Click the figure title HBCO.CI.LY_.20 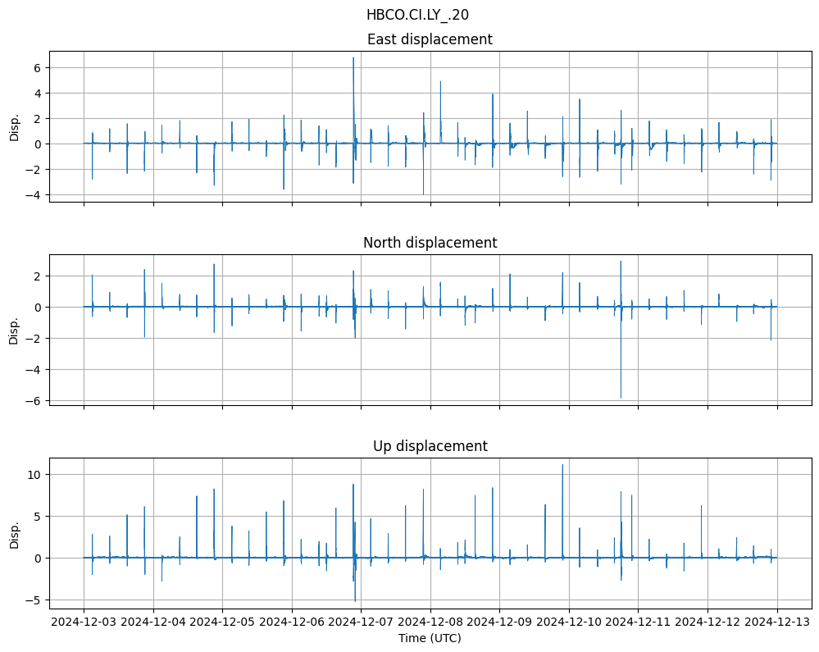pyautogui.click(x=417, y=15)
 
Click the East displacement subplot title pyautogui.click(x=430, y=39)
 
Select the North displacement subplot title pyautogui.click(x=430, y=243)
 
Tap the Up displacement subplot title pyautogui.click(x=430, y=446)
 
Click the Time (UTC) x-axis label pyautogui.click(x=430, y=638)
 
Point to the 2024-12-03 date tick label pyautogui.click(x=84, y=622)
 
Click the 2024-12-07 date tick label pyautogui.click(x=362, y=622)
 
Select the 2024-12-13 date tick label pyautogui.click(x=777, y=622)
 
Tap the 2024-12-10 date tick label pyautogui.click(x=570, y=622)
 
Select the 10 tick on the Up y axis pyautogui.click(x=35, y=474)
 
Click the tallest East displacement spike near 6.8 pyautogui.click(x=353, y=58)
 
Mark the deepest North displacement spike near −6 pyautogui.click(x=621, y=398)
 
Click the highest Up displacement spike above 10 pyautogui.click(x=562, y=465)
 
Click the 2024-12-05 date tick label pyautogui.click(x=222, y=622)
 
